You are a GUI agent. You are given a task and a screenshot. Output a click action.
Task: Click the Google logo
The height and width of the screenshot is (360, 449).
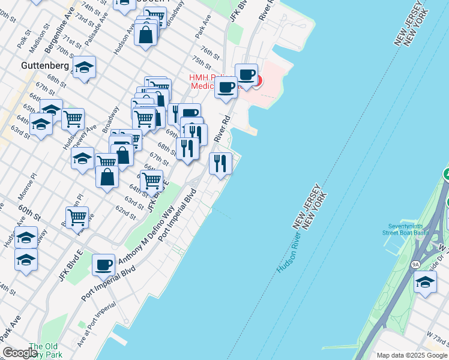point(20,353)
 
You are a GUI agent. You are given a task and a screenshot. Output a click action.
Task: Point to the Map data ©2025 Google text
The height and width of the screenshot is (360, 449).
point(412,355)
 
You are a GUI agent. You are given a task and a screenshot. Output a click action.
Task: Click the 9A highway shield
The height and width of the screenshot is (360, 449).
point(415,263)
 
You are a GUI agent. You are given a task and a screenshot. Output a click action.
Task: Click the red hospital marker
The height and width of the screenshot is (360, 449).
point(257,80)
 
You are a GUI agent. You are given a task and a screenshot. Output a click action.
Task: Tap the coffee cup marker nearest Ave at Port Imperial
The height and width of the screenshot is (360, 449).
point(103,264)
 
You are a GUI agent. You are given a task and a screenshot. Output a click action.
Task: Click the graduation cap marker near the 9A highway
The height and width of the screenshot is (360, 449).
point(425,282)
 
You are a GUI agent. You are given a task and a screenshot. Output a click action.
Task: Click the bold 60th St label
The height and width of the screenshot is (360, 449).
point(29,212)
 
